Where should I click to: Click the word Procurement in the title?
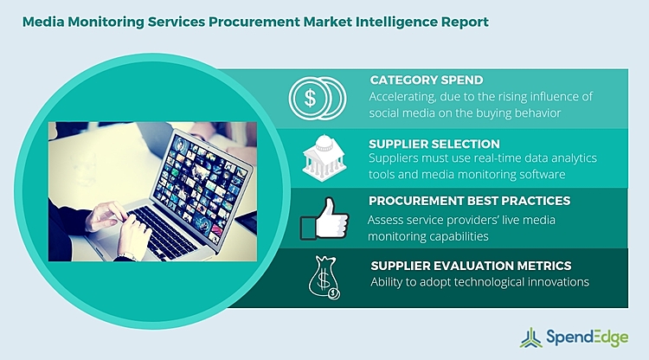coord(241,19)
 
